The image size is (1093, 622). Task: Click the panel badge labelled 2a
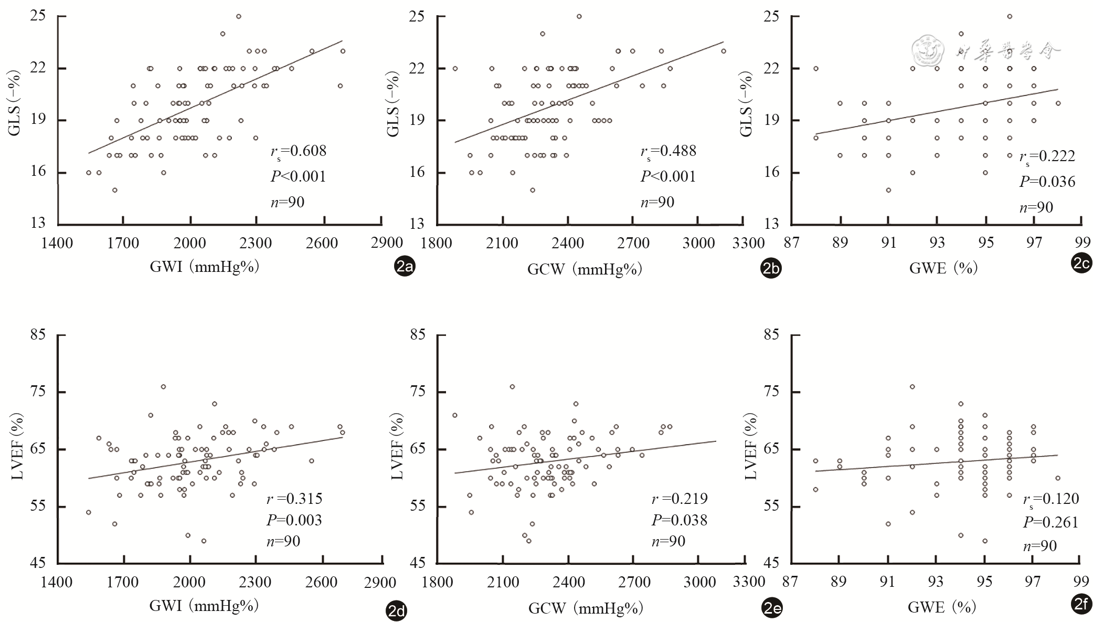click(405, 268)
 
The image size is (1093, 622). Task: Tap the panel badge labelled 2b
click(771, 269)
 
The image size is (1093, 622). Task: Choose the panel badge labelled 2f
click(1081, 605)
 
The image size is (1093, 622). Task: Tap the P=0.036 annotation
click(1047, 182)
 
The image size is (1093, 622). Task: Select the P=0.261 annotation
click(1050, 522)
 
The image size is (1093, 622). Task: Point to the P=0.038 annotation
click(680, 520)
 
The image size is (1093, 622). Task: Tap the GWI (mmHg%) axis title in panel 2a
click(205, 267)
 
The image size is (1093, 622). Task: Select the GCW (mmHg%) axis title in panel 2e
click(585, 608)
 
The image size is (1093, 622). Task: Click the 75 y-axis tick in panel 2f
click(771, 392)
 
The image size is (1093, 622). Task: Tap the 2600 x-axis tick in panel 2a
click(322, 243)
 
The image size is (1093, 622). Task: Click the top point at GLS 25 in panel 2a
click(238, 16)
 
